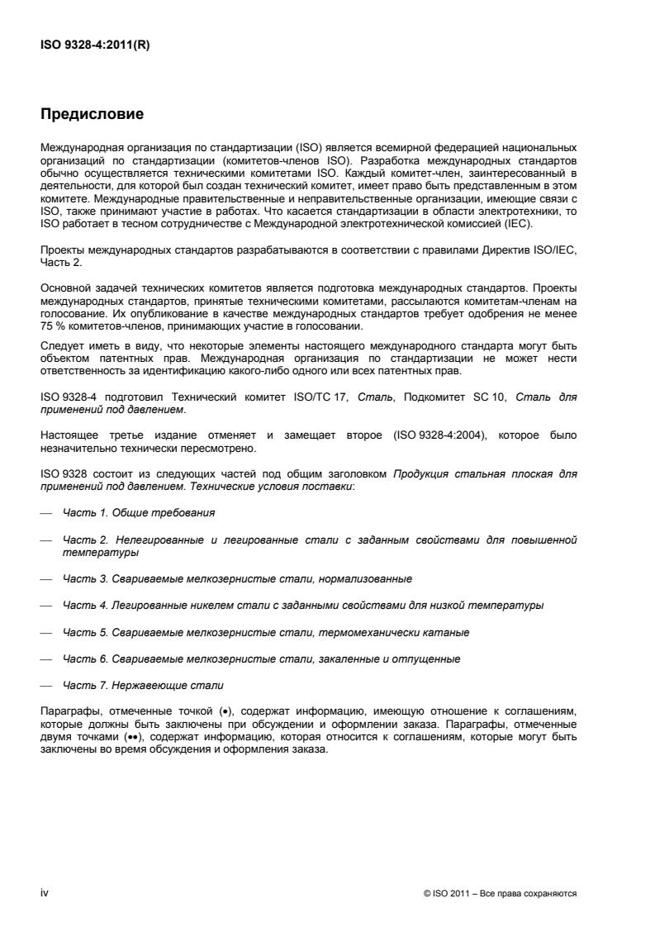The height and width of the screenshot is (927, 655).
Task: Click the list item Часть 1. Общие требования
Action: (139, 513)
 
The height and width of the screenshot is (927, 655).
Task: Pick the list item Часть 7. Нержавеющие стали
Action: (143, 686)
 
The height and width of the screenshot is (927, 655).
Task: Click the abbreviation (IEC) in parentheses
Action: (521, 224)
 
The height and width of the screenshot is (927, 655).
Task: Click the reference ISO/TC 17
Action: (309, 397)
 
